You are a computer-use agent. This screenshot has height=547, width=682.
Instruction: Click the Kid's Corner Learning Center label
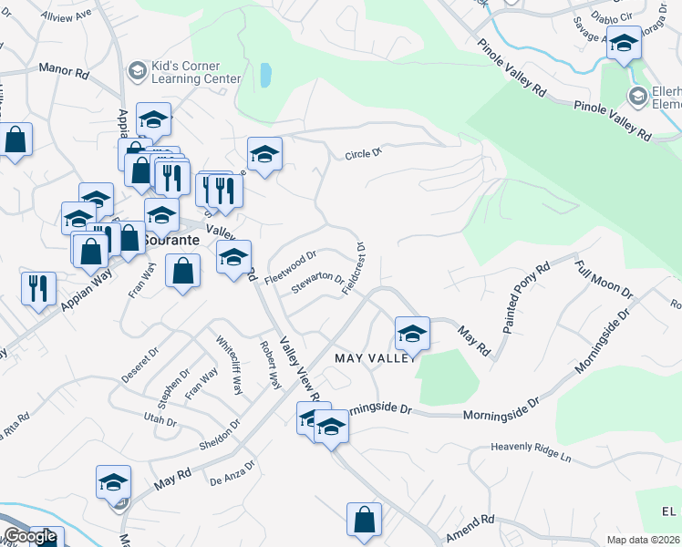pyautogui.click(x=188, y=72)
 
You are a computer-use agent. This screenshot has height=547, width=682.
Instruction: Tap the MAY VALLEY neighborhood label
pyautogui.click(x=375, y=358)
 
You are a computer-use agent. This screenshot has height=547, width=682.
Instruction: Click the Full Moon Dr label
pyautogui.click(x=603, y=279)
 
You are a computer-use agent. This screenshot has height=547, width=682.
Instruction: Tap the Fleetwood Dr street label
pyautogui.click(x=290, y=268)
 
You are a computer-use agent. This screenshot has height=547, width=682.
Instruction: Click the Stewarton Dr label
pyautogui.click(x=317, y=284)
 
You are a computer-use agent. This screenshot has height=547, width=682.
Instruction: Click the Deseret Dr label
pyautogui.click(x=140, y=362)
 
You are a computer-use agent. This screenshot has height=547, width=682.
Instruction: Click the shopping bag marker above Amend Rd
pyautogui.click(x=363, y=520)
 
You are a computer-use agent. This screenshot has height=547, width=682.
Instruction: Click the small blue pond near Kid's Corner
pyautogui.click(x=264, y=75)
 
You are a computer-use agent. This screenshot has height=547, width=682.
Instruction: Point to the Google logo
pyautogui.click(x=30, y=536)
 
